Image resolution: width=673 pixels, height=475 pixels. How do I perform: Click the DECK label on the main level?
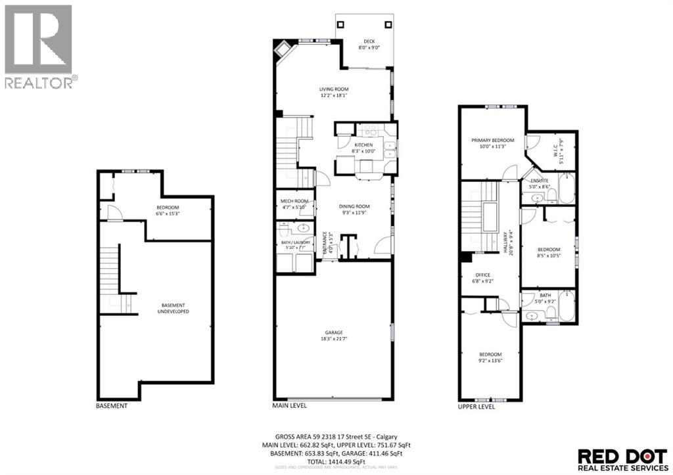(x=365, y=41)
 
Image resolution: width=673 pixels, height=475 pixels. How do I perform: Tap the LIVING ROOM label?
(x=334, y=89)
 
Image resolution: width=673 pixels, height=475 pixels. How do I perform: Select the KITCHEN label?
(x=363, y=145)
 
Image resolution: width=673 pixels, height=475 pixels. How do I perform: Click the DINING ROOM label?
(x=355, y=206)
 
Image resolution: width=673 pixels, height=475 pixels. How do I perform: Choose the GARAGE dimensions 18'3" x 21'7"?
(x=334, y=340)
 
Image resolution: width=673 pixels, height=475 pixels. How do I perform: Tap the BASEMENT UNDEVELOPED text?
(x=175, y=308)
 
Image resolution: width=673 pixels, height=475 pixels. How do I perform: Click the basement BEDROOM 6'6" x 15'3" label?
(x=168, y=208)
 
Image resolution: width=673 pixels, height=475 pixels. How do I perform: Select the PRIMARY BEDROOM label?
(x=492, y=141)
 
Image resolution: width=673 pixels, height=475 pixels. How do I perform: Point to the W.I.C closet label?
(x=560, y=143)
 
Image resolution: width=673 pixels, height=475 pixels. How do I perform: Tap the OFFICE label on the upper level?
(x=483, y=275)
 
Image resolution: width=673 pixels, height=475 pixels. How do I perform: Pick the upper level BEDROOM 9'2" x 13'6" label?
(x=490, y=354)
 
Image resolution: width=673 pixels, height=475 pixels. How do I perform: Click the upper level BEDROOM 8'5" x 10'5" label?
(x=548, y=250)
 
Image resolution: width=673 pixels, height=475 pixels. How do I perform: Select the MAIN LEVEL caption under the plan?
(x=289, y=406)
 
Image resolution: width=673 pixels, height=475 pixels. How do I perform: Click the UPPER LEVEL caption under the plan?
(x=476, y=407)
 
